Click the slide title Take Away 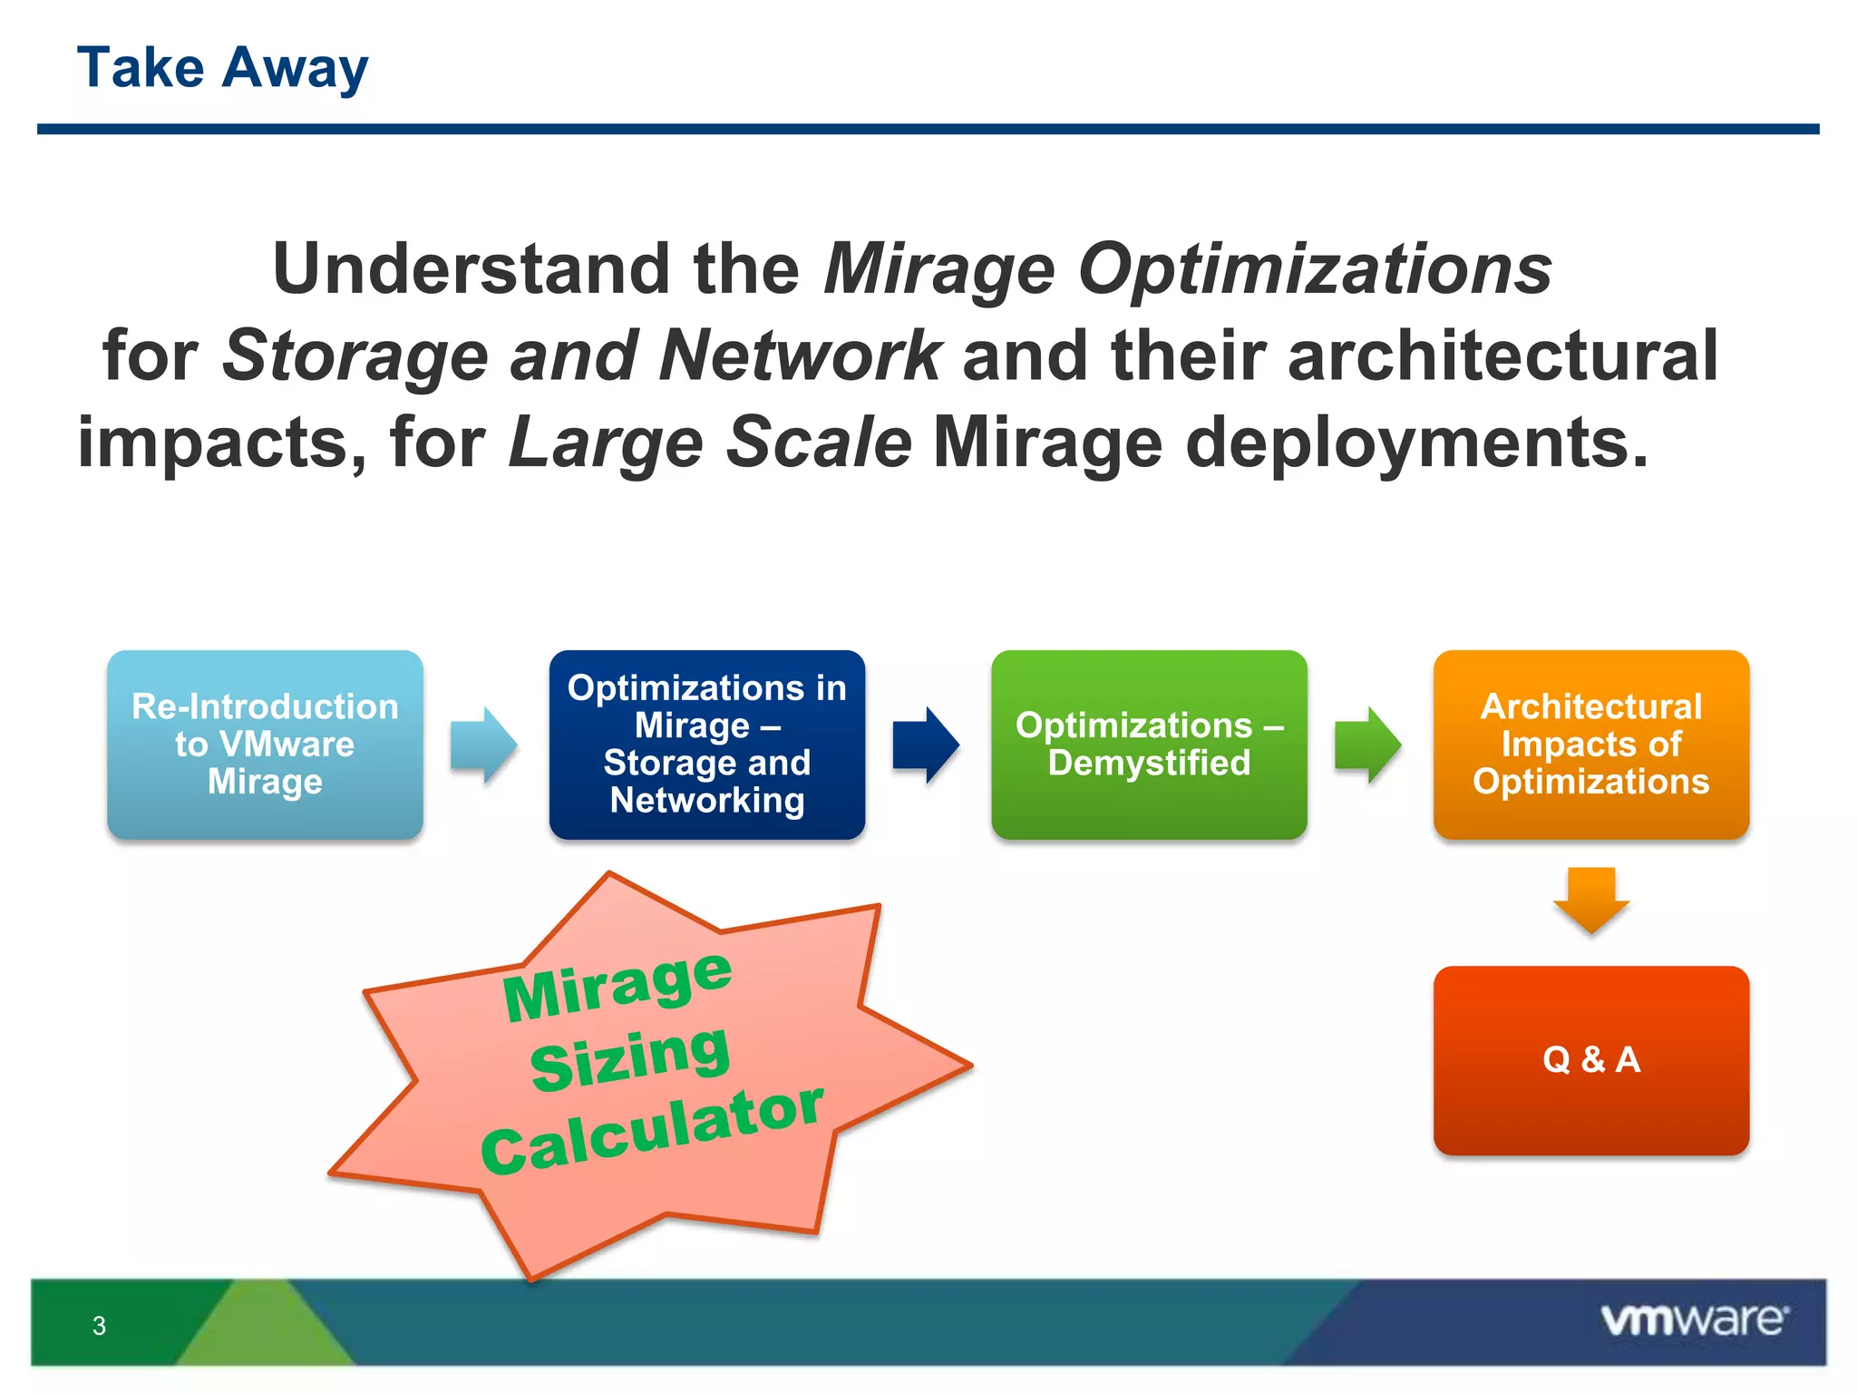pos(222,68)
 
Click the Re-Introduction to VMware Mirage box pos(265,744)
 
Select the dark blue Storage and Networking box pos(706,744)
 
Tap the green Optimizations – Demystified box pos(1149,744)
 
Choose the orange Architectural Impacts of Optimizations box pos(1590,744)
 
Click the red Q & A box pos(1590,1059)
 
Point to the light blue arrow pos(483,745)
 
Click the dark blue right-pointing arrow pos(926,745)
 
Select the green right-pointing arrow pos(1367,745)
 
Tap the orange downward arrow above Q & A pos(1591,899)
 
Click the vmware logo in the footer pos(1694,1320)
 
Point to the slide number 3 pos(100,1326)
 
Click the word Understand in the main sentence pos(472,269)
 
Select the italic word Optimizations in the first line pos(1315,269)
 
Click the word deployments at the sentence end pos(1415,443)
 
